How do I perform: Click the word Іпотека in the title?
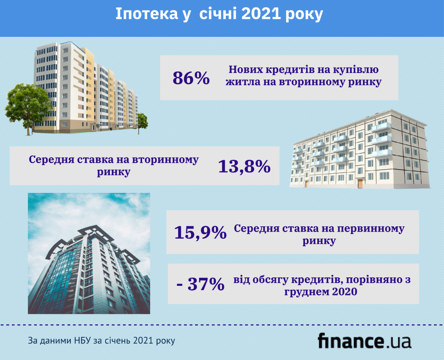146,14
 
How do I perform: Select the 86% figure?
191,78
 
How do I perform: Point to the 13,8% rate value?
244,166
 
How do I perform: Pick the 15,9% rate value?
200,232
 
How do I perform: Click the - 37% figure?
200,284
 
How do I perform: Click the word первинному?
372,229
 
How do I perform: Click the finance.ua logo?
364,341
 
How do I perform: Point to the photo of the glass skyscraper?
89,254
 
